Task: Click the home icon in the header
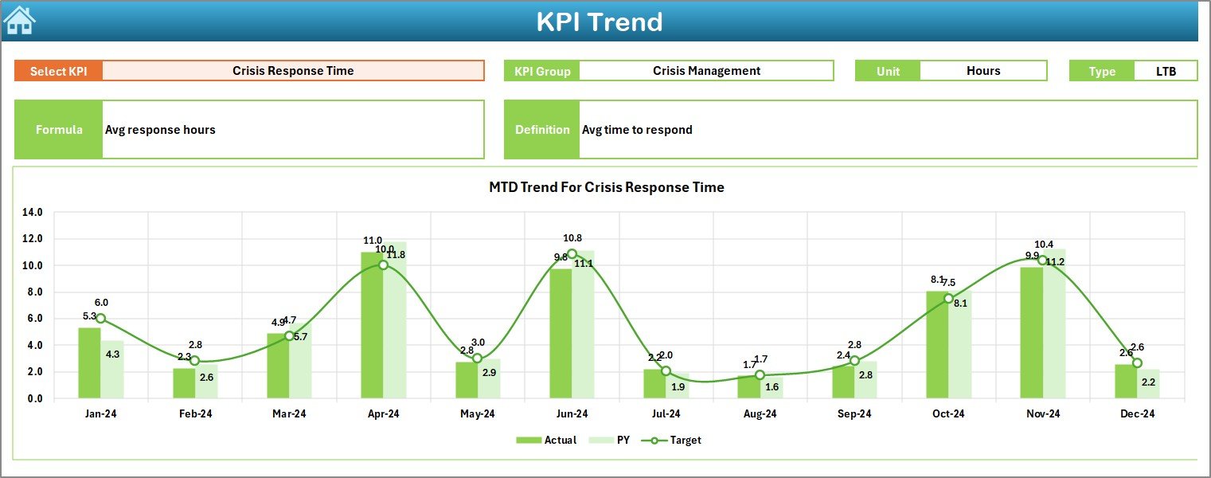[19, 20]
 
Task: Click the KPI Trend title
[599, 22]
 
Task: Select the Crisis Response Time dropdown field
[293, 71]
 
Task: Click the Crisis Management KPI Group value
[706, 71]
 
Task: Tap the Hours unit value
[983, 71]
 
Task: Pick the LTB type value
[1166, 71]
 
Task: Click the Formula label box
[59, 130]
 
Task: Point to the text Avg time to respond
[637, 130]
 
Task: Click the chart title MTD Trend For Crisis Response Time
[606, 187]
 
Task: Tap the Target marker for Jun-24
[572, 254]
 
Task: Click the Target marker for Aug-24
[760, 375]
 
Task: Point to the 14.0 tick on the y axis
[33, 213]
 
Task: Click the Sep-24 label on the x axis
[854, 414]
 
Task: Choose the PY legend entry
[614, 440]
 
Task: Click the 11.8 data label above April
[396, 255]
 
